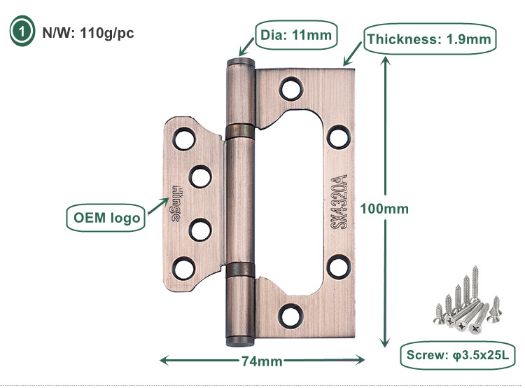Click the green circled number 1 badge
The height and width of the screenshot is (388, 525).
tap(21, 31)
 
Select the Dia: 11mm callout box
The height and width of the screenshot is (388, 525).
tap(295, 33)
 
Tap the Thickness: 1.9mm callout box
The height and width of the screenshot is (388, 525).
tap(429, 39)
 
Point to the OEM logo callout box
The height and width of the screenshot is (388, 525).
tap(106, 217)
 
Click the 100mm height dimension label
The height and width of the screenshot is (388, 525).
tap(384, 209)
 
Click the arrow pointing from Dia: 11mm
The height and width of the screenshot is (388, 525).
tap(247, 46)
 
